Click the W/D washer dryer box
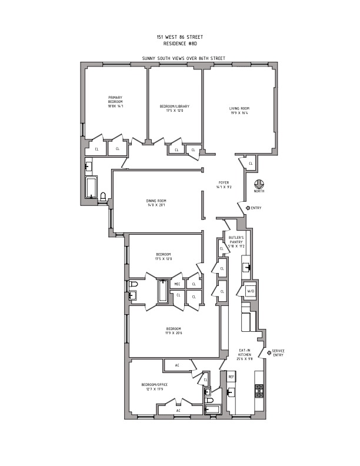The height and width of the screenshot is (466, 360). pyautogui.click(x=251, y=291)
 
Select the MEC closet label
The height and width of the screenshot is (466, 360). pyautogui.click(x=177, y=285)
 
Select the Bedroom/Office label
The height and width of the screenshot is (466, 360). pyautogui.click(x=155, y=385)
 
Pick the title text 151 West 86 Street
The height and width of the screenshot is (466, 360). pyautogui.click(x=180, y=36)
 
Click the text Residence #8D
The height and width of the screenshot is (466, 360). pyautogui.click(x=180, y=42)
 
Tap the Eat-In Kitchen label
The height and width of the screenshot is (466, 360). pyautogui.click(x=245, y=353)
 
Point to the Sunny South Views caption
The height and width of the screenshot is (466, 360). pyautogui.click(x=180, y=59)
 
